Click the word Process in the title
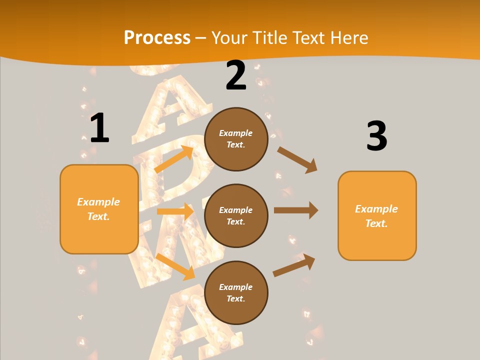157,37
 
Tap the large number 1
99,128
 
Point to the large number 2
236,75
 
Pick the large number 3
376,136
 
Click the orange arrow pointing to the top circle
174,159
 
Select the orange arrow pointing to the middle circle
175,211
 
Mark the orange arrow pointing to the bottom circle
175,266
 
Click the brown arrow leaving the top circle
297,159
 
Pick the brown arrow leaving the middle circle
295,210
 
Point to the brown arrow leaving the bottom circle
294,265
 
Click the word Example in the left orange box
98,202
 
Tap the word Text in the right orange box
376,223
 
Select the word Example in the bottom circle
236,287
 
